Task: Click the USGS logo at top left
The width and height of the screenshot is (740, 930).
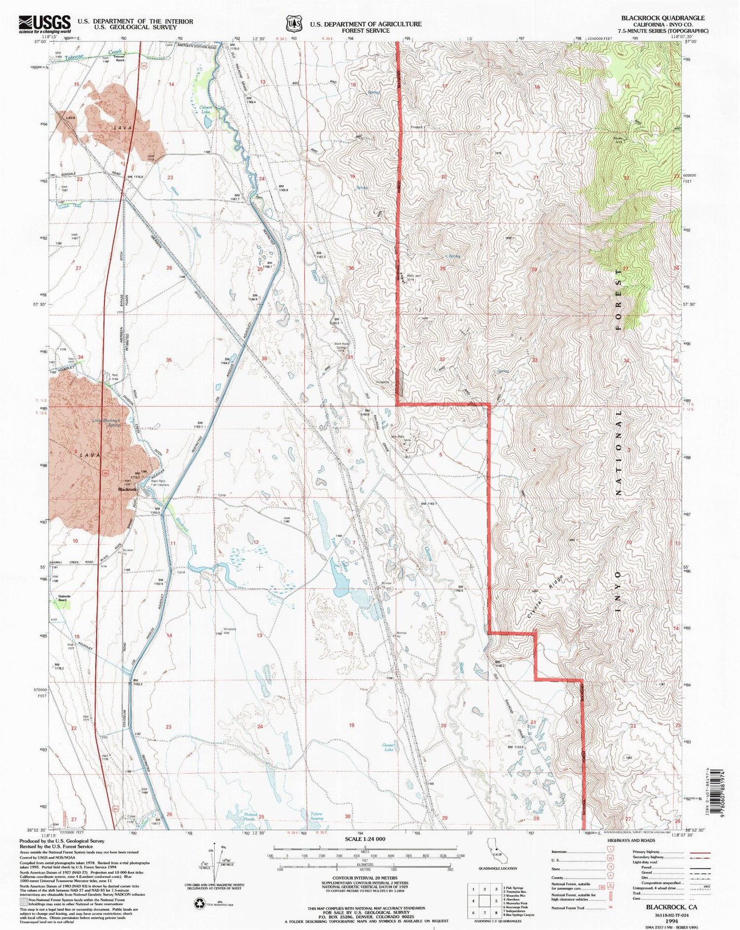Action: click(x=44, y=23)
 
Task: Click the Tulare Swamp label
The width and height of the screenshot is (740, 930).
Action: click(x=317, y=817)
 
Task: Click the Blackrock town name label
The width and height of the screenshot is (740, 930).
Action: click(x=127, y=489)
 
